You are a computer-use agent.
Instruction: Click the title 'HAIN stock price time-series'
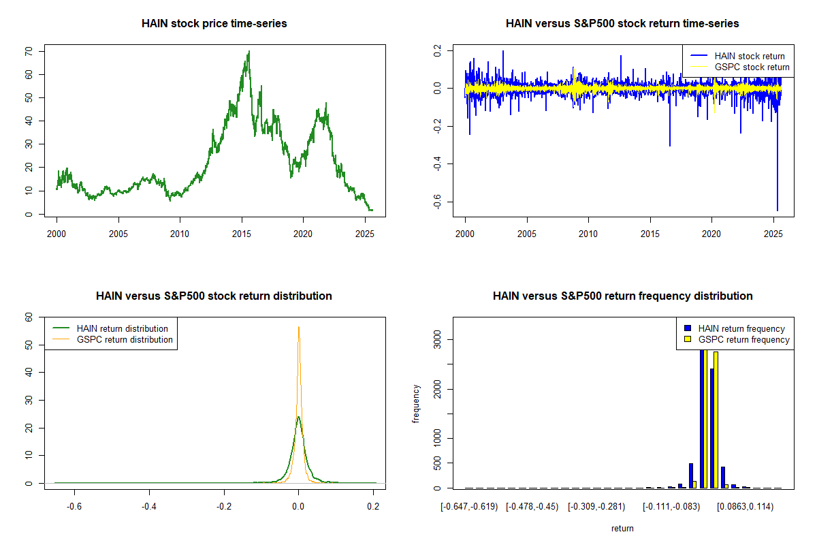(x=214, y=24)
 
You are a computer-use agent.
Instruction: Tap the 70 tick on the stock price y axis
(x=29, y=51)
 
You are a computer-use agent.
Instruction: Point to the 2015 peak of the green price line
(x=249, y=52)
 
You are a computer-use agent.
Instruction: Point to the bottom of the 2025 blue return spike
(x=777, y=210)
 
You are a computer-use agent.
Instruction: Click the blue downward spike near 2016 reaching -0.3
(x=669, y=145)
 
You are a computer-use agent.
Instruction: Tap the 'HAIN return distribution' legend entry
(x=122, y=328)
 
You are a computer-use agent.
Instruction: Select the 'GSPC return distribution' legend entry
(x=125, y=339)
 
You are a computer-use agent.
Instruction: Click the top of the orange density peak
(x=298, y=327)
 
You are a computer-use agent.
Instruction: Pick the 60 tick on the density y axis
(x=29, y=317)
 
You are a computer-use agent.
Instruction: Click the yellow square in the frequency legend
(x=688, y=339)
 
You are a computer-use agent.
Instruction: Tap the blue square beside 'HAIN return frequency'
(x=688, y=328)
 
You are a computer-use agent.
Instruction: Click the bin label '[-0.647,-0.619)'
(x=469, y=507)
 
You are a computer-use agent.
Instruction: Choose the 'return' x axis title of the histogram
(x=622, y=528)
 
